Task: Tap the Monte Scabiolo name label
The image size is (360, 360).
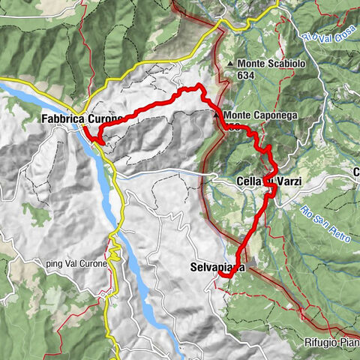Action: (271, 64)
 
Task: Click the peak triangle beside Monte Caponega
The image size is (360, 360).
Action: (216, 115)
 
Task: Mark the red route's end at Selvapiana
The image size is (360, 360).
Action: (223, 276)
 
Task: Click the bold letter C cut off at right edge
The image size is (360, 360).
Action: (356, 172)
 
